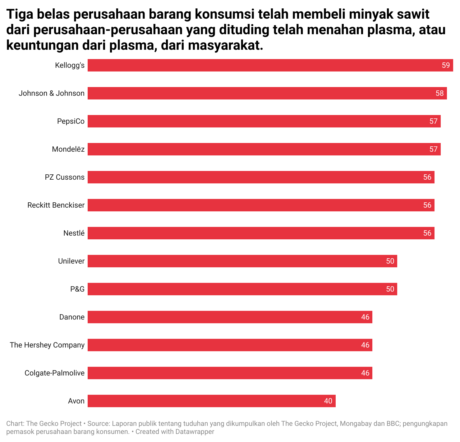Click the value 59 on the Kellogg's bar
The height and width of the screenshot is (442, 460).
tap(446, 65)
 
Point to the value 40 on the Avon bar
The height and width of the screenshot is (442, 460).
tap(328, 401)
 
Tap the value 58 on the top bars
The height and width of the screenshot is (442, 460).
tap(439, 93)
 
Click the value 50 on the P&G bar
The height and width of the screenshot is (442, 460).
tap(390, 289)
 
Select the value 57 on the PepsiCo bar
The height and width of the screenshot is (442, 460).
tap(433, 121)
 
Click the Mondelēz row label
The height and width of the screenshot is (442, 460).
tap(68, 149)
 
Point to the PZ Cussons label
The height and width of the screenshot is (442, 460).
tap(65, 177)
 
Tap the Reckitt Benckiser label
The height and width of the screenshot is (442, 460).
tap(56, 205)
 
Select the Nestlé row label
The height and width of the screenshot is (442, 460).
tap(74, 233)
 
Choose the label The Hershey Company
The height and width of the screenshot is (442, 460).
tap(47, 345)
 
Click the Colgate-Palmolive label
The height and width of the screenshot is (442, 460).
tap(54, 373)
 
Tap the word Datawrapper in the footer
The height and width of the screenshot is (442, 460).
tap(195, 432)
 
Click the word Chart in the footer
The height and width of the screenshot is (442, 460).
tap(14, 424)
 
